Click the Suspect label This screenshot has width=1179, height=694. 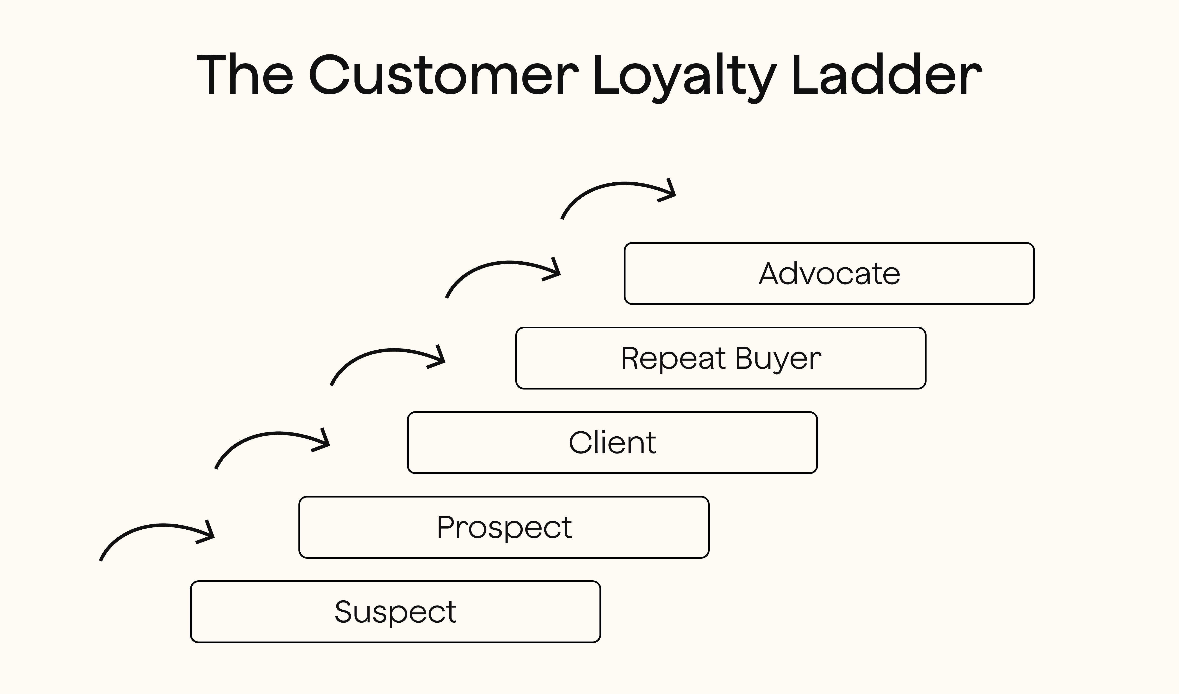pos(395,612)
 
